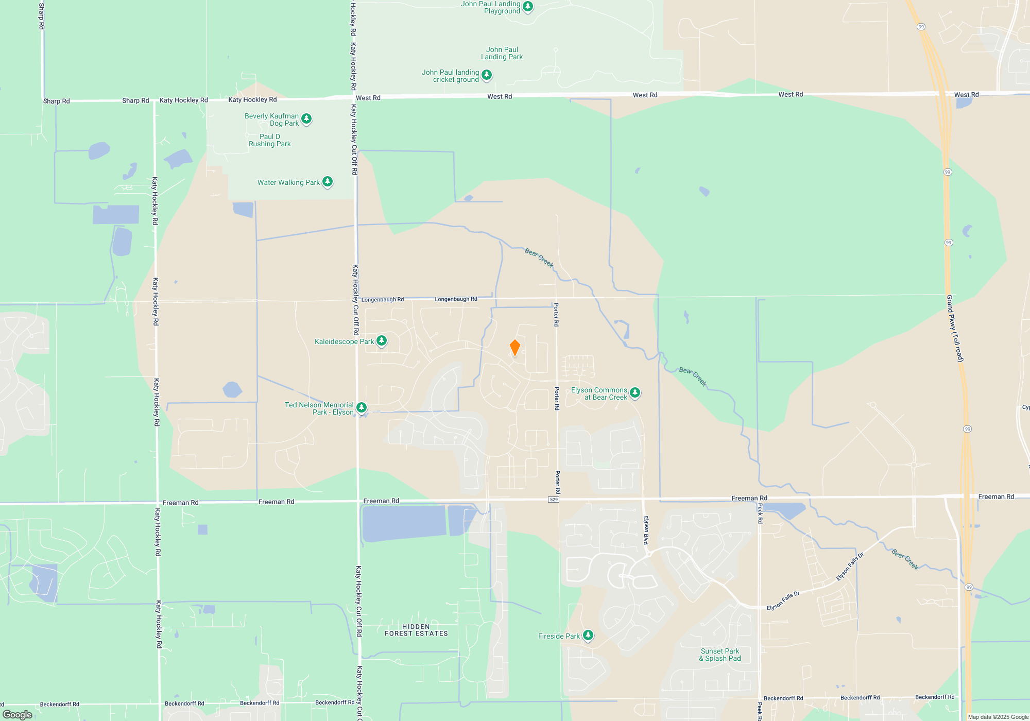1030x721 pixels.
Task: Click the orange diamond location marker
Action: [x=514, y=348]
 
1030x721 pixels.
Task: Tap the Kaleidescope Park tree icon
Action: [x=382, y=340]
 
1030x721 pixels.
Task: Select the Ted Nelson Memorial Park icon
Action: [x=362, y=408]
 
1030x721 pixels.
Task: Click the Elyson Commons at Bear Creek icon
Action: [x=635, y=393]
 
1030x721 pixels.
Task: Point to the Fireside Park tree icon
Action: [x=588, y=635]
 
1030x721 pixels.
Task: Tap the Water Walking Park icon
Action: [x=328, y=181]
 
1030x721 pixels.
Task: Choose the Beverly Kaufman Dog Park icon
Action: [x=306, y=119]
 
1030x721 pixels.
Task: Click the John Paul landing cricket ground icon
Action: [x=486, y=75]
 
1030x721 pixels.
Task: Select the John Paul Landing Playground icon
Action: [x=527, y=7]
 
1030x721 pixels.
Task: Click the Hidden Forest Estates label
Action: [x=416, y=630]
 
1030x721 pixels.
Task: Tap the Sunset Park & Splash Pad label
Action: [x=720, y=655]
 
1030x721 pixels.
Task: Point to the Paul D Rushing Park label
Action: [x=270, y=140]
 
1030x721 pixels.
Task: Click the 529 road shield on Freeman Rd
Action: [x=554, y=500]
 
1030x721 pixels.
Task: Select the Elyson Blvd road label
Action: [x=646, y=530]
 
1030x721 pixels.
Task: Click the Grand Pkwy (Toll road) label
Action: [x=954, y=328]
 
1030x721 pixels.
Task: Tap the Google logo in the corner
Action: [x=18, y=715]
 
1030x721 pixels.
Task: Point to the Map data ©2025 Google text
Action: [x=998, y=717]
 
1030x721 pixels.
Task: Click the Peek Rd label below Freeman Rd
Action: [x=760, y=514]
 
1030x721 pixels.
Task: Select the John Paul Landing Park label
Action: [x=502, y=53]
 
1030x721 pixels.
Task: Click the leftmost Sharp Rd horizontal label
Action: [x=56, y=101]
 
